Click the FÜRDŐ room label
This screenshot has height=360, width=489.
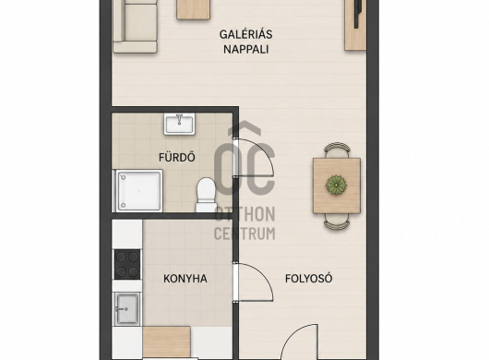(x=177, y=157)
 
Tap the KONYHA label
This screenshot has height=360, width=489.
(x=185, y=279)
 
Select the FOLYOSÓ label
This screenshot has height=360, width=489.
(x=309, y=278)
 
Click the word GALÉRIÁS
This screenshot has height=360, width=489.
(x=246, y=34)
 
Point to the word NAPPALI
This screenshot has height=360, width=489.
(x=246, y=49)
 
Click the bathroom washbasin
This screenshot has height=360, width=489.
(x=180, y=124)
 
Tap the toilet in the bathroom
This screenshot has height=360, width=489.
(x=206, y=195)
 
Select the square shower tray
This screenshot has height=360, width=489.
(x=138, y=190)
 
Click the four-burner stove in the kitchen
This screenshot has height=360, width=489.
(x=127, y=264)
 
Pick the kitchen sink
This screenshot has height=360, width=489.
(x=127, y=308)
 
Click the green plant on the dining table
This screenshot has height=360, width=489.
(x=336, y=185)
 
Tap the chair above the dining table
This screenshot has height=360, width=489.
(x=337, y=150)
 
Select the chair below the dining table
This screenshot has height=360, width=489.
(x=337, y=222)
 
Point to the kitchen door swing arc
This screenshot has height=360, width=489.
(x=265, y=274)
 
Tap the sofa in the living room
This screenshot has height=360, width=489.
(x=135, y=26)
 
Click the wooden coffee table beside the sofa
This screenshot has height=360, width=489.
(x=193, y=9)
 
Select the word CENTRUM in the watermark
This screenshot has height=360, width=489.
(x=244, y=233)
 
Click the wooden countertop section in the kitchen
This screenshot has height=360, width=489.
(x=166, y=342)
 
